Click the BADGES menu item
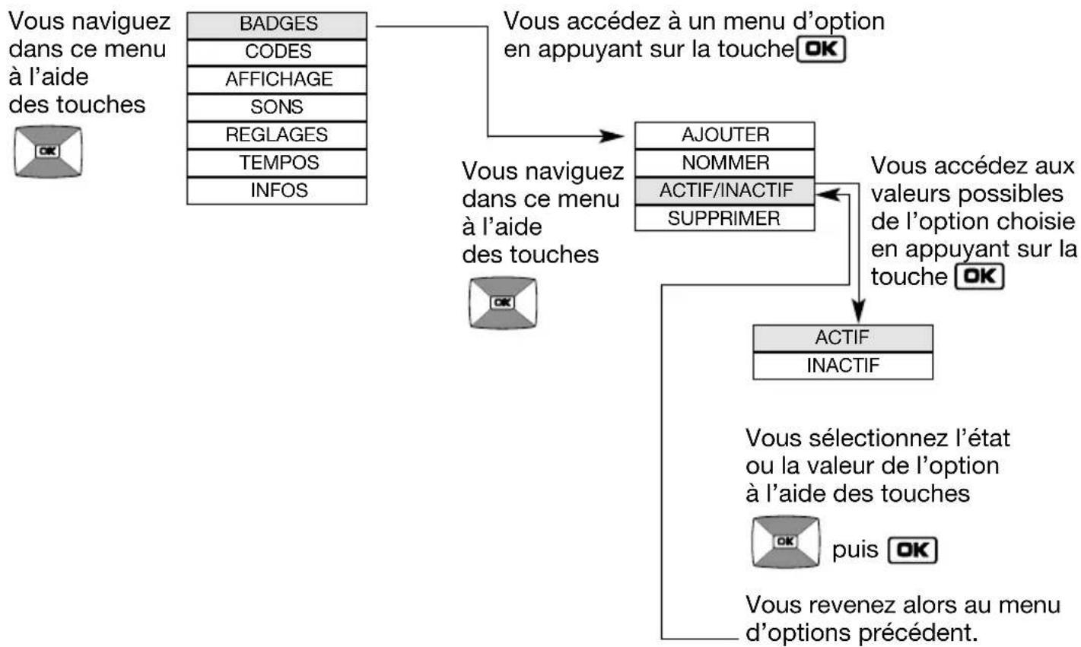pyautogui.click(x=277, y=24)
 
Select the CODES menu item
pyautogui.click(x=277, y=52)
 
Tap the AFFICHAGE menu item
pyautogui.click(x=277, y=79)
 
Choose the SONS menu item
pyautogui.click(x=277, y=107)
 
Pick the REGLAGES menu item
pyautogui.click(x=277, y=135)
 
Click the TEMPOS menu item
pyautogui.click(x=277, y=163)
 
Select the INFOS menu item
pyautogui.click(x=277, y=190)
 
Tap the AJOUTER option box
pyautogui.click(x=724, y=135)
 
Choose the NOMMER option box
pyautogui.click(x=724, y=163)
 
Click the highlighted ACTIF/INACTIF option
pyautogui.click(x=724, y=190)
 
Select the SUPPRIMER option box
pyautogui.click(x=724, y=218)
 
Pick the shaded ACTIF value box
pyautogui.click(x=842, y=338)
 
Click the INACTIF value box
pyautogui.click(x=842, y=366)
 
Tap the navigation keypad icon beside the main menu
pyautogui.click(x=47, y=152)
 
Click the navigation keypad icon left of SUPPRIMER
pyautogui.click(x=502, y=303)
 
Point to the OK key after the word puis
pyautogui.click(x=912, y=550)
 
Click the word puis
pyautogui.click(x=855, y=550)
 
